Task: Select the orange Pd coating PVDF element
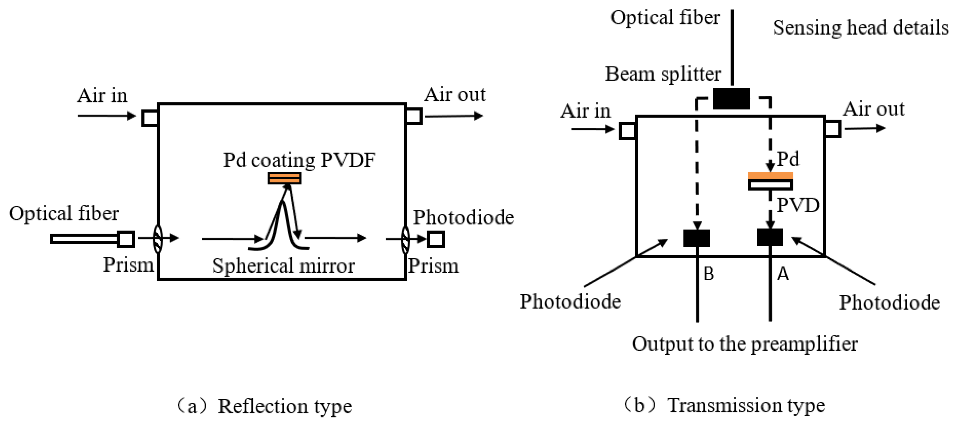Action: click(284, 178)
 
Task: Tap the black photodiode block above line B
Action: click(696, 238)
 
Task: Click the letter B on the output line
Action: click(708, 274)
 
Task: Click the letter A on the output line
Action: click(783, 274)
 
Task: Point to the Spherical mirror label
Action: click(283, 266)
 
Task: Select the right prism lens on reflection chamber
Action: click(406, 240)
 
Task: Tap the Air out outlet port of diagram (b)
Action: click(832, 129)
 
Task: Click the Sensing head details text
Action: click(860, 28)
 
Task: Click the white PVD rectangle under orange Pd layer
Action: click(770, 185)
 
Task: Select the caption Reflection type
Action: click(284, 406)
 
